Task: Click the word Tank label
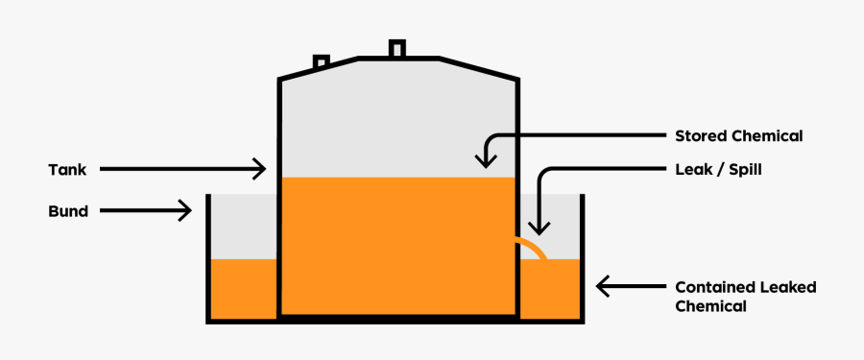[x=67, y=170]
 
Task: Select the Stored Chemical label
[x=738, y=135]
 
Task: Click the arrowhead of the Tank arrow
[x=259, y=170]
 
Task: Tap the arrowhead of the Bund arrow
[x=184, y=211]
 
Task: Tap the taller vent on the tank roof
[x=396, y=48]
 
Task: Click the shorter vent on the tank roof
[x=322, y=62]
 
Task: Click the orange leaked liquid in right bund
[x=550, y=290]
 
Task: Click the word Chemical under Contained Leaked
[x=710, y=307]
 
